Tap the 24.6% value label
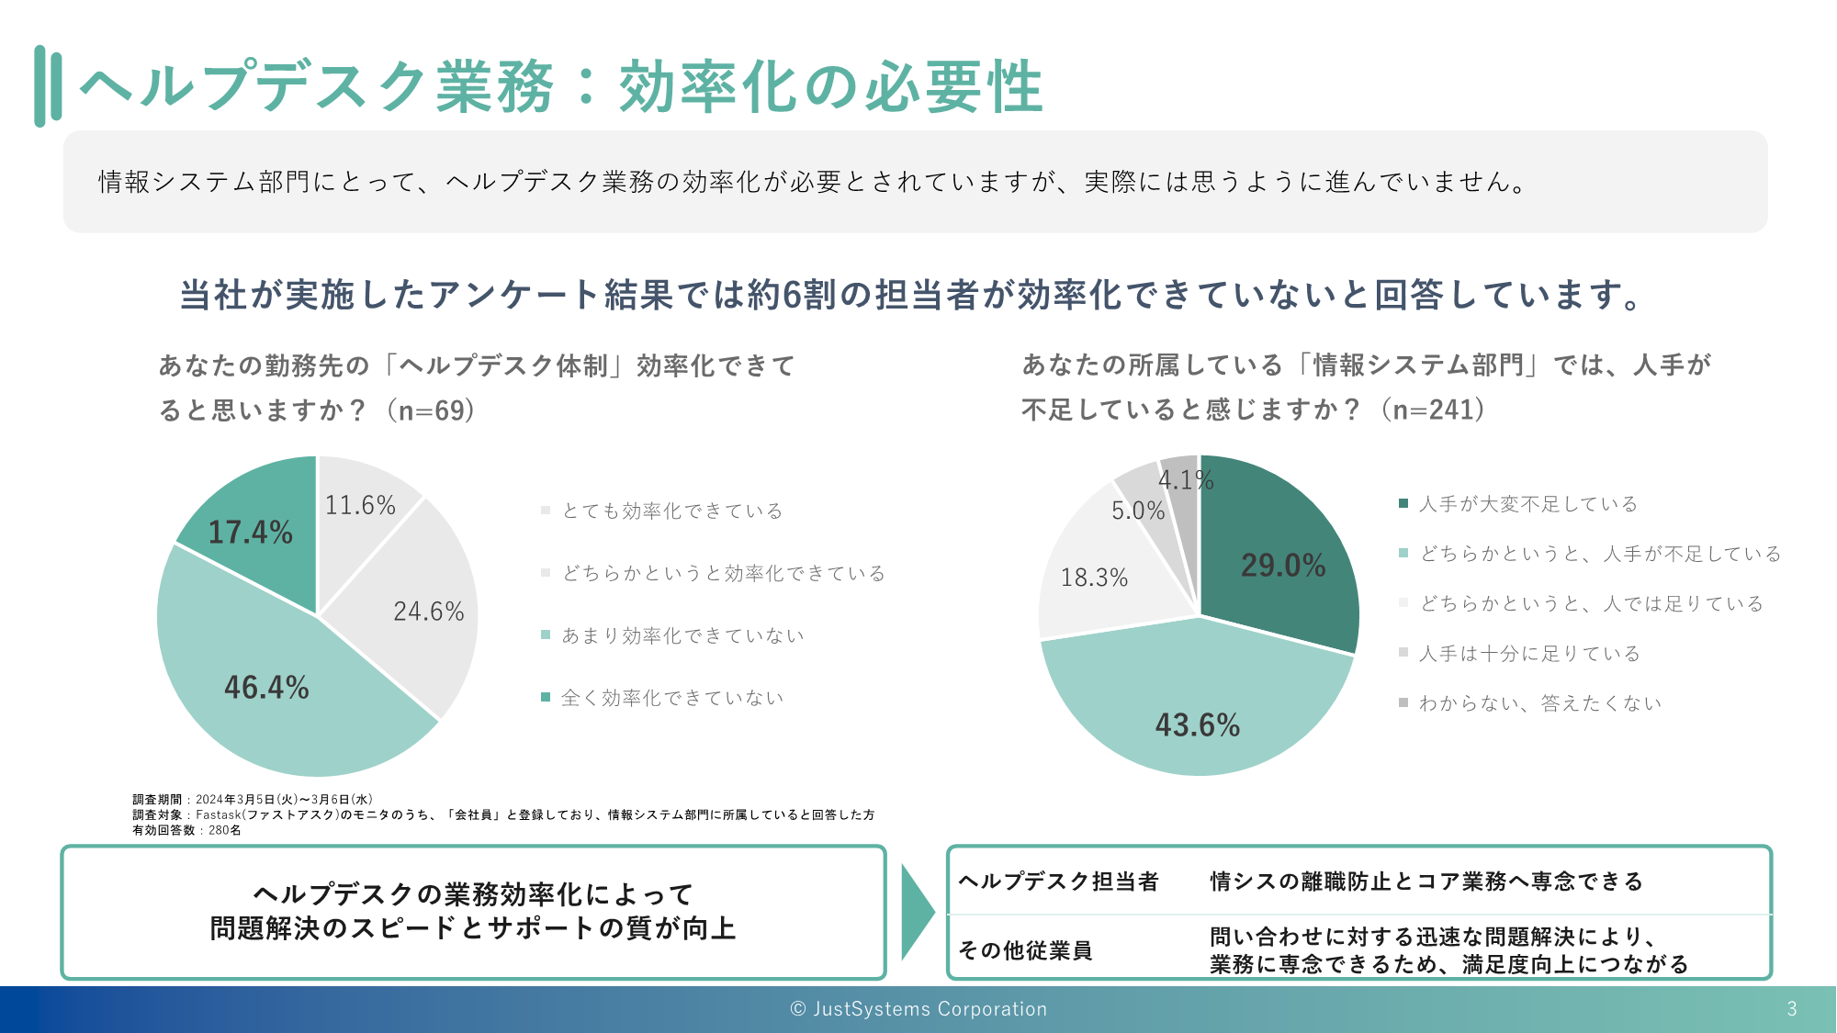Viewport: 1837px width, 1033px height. pos(429,612)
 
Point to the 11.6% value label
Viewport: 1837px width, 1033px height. pos(360,505)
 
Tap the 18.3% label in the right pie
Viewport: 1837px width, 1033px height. pos(1094,578)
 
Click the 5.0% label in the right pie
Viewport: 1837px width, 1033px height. pos(1138,511)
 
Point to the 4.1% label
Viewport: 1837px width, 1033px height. pos(1185,479)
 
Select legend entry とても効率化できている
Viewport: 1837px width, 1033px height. pos(672,511)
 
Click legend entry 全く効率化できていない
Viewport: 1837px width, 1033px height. pos(672,698)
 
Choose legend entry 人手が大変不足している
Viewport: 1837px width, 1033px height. pos(1528,504)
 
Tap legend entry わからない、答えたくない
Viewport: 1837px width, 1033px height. pos(1540,703)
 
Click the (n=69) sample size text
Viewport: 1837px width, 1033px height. pos(431,410)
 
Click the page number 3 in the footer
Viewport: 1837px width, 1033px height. pos(1791,1009)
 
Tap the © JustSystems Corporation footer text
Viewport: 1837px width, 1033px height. pos(918,1009)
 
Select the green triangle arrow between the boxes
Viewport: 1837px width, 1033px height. pos(917,912)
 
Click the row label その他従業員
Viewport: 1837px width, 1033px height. pos(1025,950)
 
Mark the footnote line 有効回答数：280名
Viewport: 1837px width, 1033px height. pos(186,830)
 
